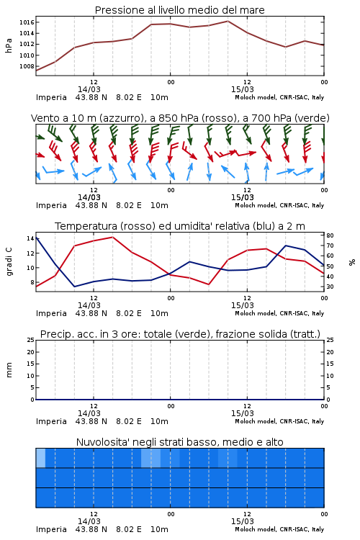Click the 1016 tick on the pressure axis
(27, 22)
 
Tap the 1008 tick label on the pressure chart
(27, 66)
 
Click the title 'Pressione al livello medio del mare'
(179, 10)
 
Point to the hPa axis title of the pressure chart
(9, 45)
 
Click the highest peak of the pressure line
(228, 21)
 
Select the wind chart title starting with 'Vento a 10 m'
(180, 119)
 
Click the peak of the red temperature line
(112, 237)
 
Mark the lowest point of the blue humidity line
(74, 287)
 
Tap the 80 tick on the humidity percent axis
(330, 235)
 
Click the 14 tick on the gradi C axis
(30, 238)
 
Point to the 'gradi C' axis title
(9, 261)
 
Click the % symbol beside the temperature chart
(351, 262)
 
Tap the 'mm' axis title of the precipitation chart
(9, 369)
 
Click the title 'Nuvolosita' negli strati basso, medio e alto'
(179, 442)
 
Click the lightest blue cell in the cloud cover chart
(40, 458)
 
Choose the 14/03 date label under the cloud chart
(89, 521)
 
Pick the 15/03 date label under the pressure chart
(242, 89)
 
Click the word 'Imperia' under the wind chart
(51, 206)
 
